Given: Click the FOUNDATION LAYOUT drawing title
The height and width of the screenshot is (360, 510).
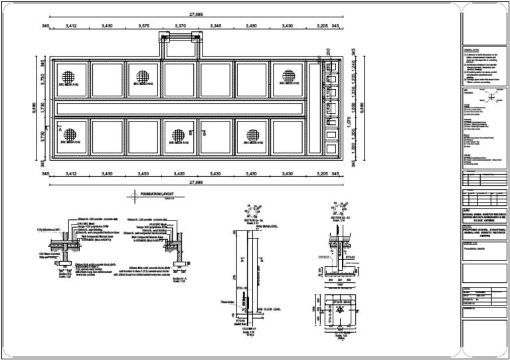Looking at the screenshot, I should click(x=158, y=194).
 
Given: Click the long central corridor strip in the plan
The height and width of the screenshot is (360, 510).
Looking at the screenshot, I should click(x=179, y=107).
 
